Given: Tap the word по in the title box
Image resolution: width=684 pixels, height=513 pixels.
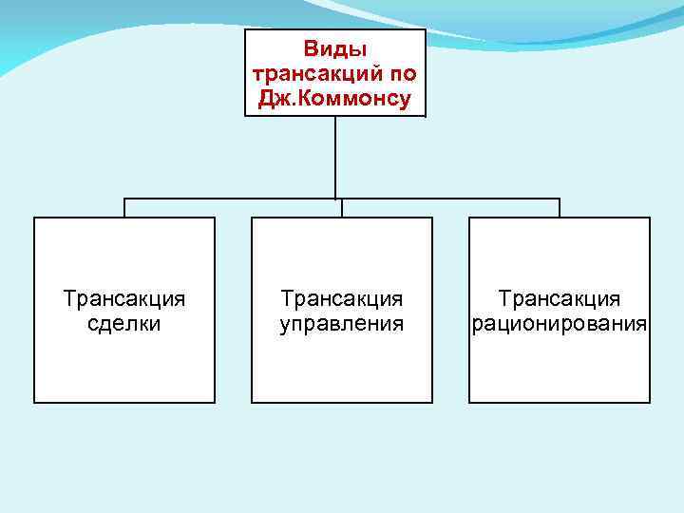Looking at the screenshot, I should click(x=399, y=73).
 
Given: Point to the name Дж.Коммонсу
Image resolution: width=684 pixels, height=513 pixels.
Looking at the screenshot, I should click(x=335, y=99).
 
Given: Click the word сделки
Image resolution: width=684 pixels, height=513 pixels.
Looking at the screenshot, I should click(x=124, y=323).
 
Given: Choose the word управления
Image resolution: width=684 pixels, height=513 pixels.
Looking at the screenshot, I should click(x=342, y=323).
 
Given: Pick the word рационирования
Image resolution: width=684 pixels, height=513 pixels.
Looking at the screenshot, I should click(x=560, y=323).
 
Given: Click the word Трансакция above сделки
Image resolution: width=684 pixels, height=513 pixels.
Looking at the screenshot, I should click(x=124, y=299).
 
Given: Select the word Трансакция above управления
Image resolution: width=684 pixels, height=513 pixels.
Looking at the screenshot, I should click(x=342, y=299).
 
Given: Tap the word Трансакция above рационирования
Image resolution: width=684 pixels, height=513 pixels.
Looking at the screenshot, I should click(x=560, y=299).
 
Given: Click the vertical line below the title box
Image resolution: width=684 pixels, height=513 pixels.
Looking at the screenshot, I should click(x=335, y=157).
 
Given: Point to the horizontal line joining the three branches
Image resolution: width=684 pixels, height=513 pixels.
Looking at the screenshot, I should click(x=237, y=199).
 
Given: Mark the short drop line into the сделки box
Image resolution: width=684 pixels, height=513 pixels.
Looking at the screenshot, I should click(x=124, y=208).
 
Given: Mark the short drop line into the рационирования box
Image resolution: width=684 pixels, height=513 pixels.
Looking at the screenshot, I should click(x=560, y=208).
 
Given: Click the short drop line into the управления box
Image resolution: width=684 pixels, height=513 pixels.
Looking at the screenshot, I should click(x=342, y=208).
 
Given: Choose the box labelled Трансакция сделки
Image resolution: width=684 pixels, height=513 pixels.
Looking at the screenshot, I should click(x=124, y=370).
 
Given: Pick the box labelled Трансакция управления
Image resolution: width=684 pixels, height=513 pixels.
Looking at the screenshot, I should click(x=342, y=370).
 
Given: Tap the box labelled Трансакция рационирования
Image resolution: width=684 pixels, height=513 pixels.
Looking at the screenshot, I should click(x=560, y=370).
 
